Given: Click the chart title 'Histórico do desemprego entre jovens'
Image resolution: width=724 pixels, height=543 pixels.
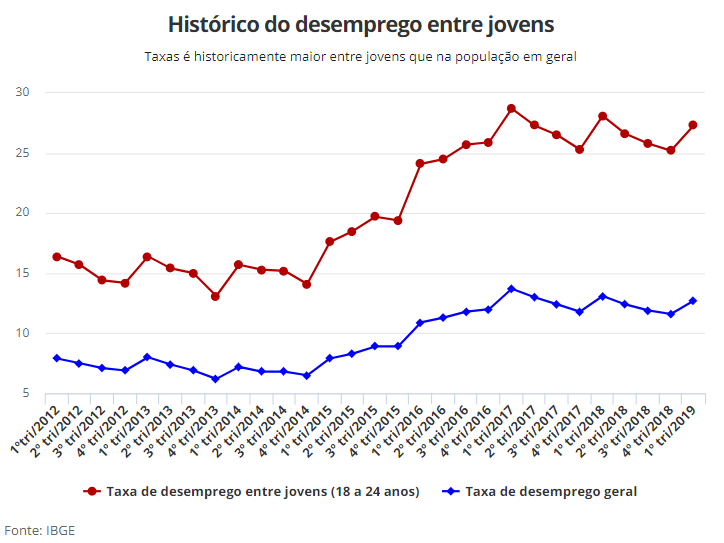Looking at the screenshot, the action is pos(361,25).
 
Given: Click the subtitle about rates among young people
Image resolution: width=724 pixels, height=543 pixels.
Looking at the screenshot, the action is pos(360,57).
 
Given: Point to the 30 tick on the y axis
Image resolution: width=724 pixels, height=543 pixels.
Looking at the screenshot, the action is pos(22,92).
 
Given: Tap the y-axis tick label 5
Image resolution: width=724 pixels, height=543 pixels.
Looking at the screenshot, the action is pos(25,393).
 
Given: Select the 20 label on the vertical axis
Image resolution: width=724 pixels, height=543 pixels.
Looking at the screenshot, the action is pos(22,212).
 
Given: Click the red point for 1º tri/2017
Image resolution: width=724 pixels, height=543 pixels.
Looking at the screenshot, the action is pos(511,109).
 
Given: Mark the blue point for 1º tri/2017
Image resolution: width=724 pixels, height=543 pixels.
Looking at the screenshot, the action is pos(511,289).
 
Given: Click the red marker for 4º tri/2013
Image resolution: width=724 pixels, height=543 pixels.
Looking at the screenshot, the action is pos(215,296).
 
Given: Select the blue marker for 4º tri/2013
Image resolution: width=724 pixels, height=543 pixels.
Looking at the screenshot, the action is pos(215,379).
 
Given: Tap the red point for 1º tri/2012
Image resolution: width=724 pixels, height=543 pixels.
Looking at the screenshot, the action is pos(57,257).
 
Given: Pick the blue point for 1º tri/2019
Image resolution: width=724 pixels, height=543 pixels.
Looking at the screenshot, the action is pos(693,301).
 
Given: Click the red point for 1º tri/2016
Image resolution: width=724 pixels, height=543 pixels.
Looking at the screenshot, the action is pos(420,163).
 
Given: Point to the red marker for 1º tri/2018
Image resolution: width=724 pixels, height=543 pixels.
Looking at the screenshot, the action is pos(603,116).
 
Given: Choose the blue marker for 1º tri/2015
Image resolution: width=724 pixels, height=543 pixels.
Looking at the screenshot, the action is pos(330,358).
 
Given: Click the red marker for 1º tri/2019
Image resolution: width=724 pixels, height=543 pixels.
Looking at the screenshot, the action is pos(693,125).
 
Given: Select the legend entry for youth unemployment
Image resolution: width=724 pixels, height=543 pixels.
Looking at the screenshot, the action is pos(252,492).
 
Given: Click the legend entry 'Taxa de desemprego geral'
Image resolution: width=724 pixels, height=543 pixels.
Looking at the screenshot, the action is pos(539,492).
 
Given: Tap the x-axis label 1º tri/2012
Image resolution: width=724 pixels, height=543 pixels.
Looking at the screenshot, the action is pos(36,429).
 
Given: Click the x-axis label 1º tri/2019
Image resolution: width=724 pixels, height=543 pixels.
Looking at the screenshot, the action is pos(670,430).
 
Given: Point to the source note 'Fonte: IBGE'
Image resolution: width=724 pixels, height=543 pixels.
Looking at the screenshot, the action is pos(40,531).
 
